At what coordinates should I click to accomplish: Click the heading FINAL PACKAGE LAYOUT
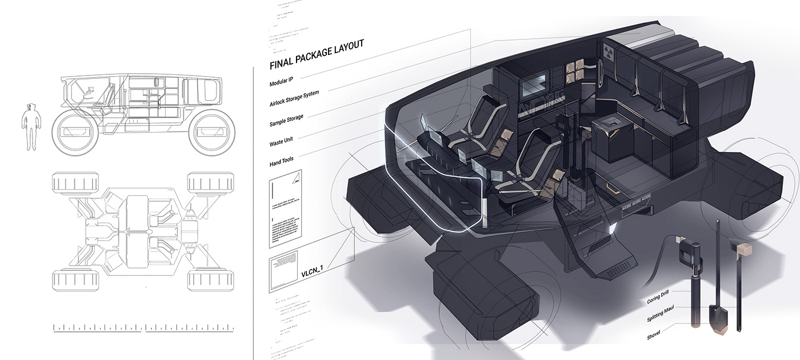(316, 54)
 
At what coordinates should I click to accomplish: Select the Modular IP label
(285, 81)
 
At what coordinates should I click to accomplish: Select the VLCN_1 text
(315, 271)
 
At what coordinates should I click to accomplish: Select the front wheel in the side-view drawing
(74, 132)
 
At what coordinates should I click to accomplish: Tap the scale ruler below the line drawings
(143, 328)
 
